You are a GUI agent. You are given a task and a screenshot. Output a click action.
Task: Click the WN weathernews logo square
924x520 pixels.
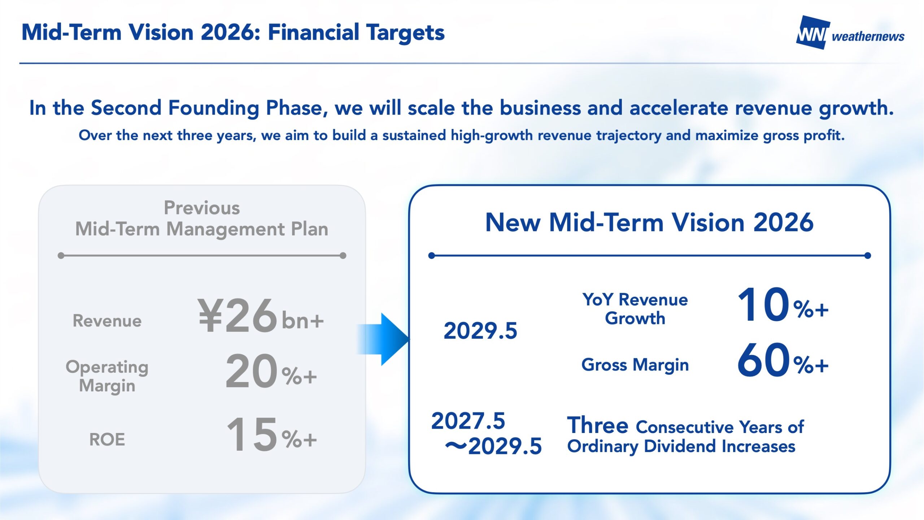(812, 32)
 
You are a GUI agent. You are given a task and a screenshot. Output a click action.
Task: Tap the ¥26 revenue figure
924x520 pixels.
(237, 316)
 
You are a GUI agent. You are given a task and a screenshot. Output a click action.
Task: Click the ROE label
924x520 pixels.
(107, 439)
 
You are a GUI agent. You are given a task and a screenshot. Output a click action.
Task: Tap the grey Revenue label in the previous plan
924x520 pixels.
(107, 321)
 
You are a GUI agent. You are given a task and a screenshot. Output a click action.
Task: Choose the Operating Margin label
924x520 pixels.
(107, 376)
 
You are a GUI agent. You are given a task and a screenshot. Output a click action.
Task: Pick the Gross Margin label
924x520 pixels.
(635, 365)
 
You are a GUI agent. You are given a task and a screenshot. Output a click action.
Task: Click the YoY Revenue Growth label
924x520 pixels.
(635, 309)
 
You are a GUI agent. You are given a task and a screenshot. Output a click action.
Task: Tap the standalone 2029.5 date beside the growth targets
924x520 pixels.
(480, 331)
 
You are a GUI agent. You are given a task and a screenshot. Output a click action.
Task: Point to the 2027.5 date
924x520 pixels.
(468, 421)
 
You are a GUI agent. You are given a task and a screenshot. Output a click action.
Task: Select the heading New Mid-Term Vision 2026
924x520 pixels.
(649, 222)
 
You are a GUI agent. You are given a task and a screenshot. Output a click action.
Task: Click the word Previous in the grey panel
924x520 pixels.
(202, 208)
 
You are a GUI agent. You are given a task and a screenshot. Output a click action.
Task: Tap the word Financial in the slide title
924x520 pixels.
(313, 32)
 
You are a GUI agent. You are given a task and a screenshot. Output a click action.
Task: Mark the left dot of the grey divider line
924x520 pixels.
(61, 256)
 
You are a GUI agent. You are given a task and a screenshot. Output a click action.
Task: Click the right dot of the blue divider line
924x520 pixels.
(868, 256)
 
